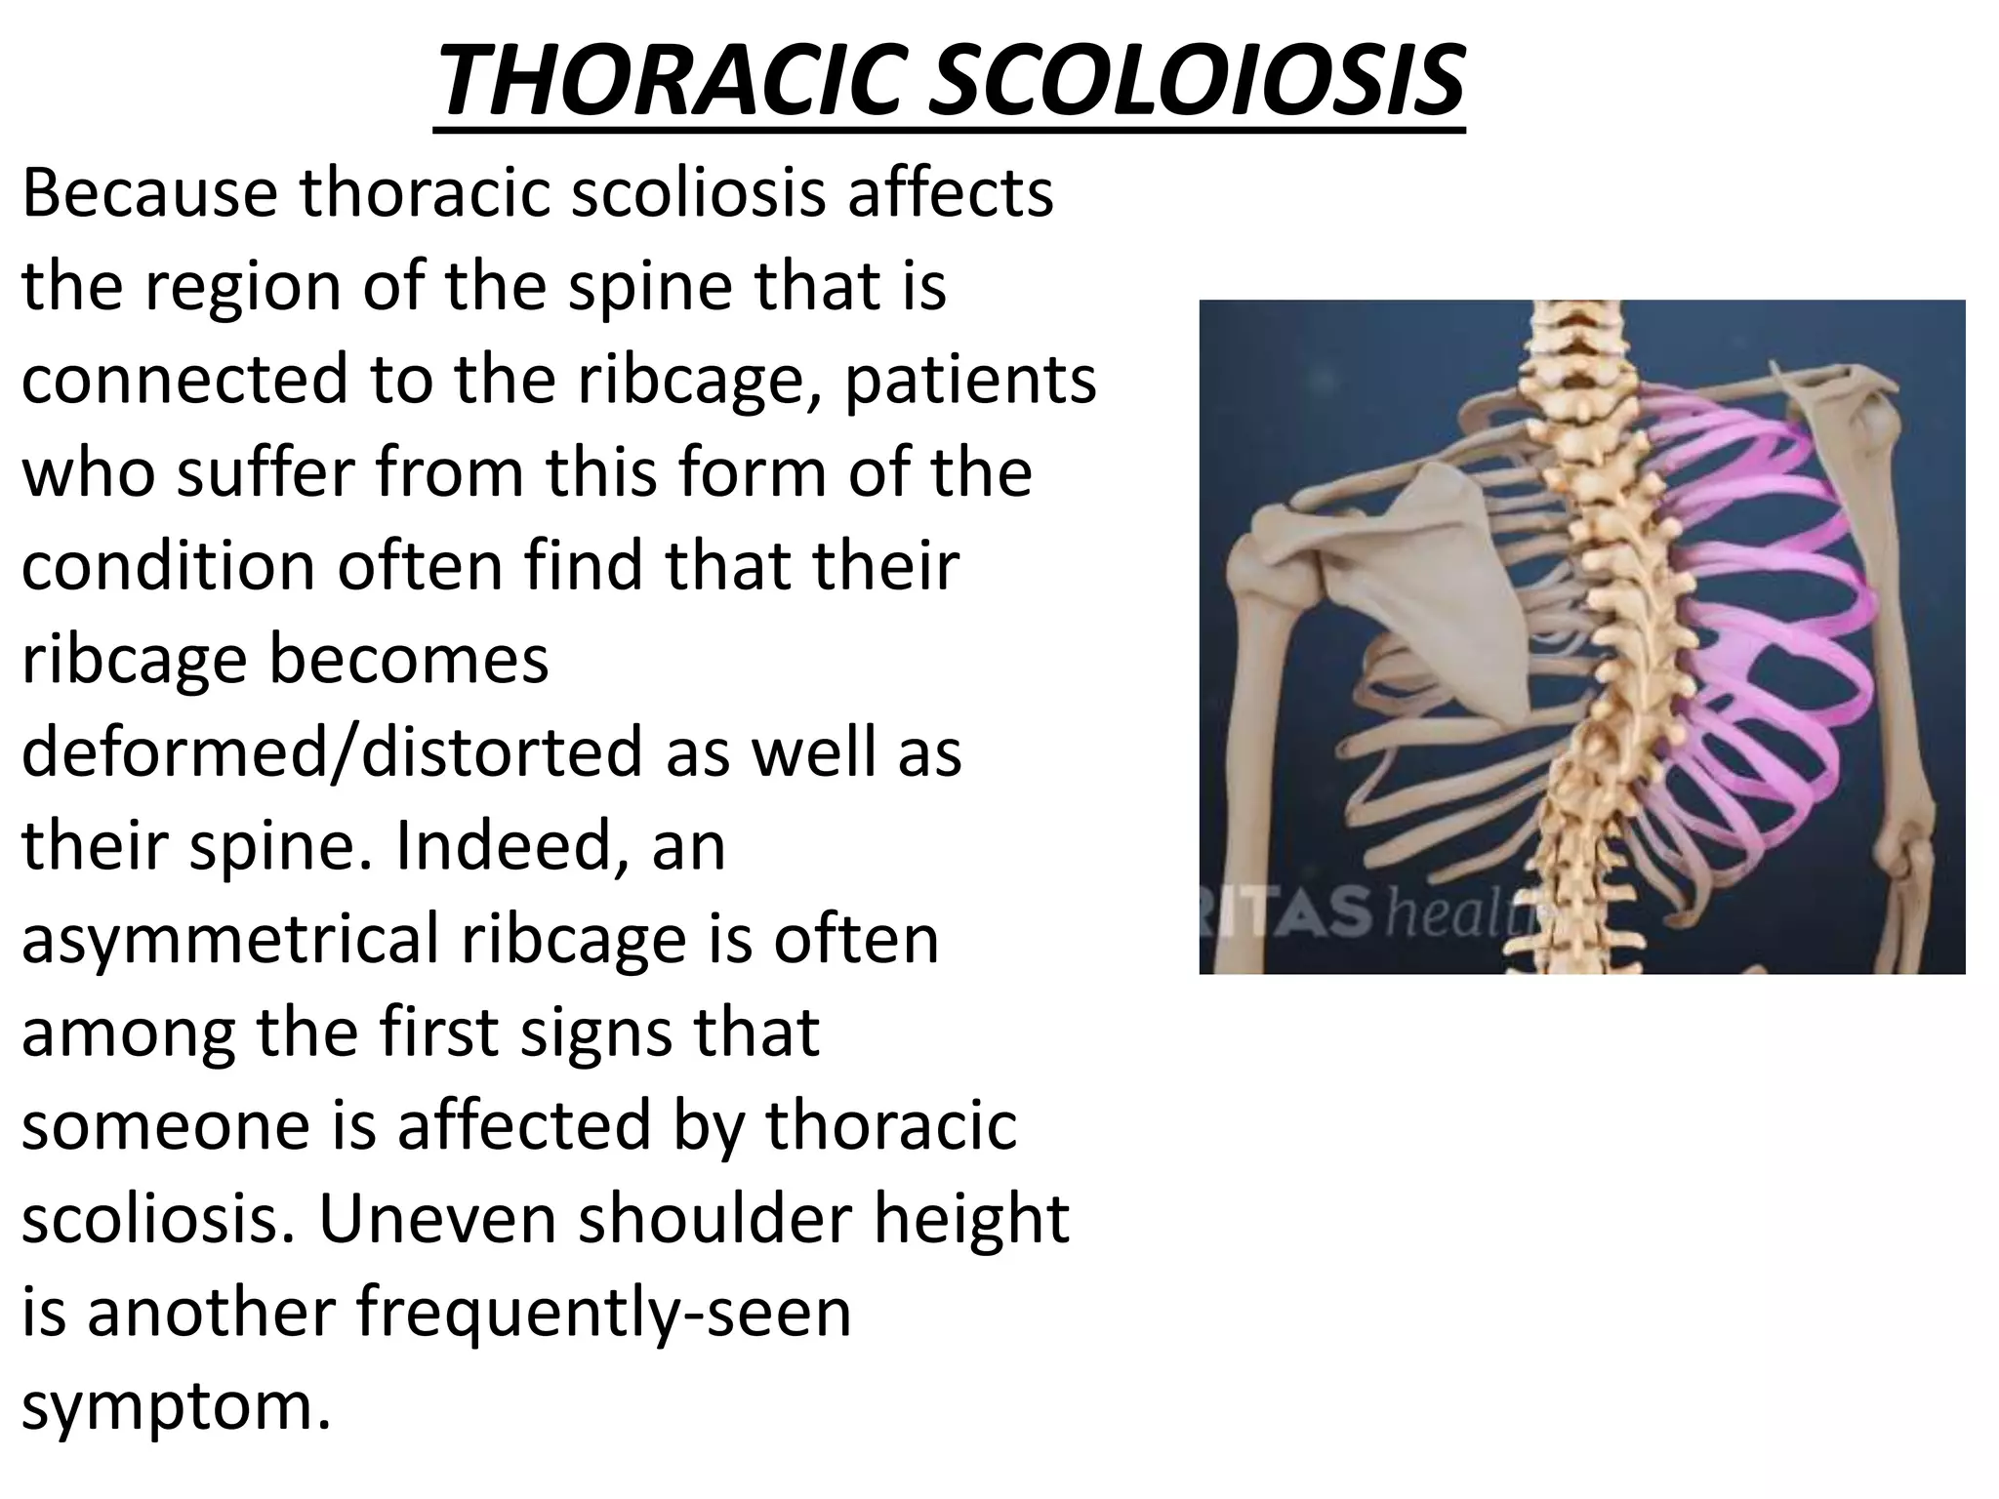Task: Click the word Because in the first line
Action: [x=149, y=193]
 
